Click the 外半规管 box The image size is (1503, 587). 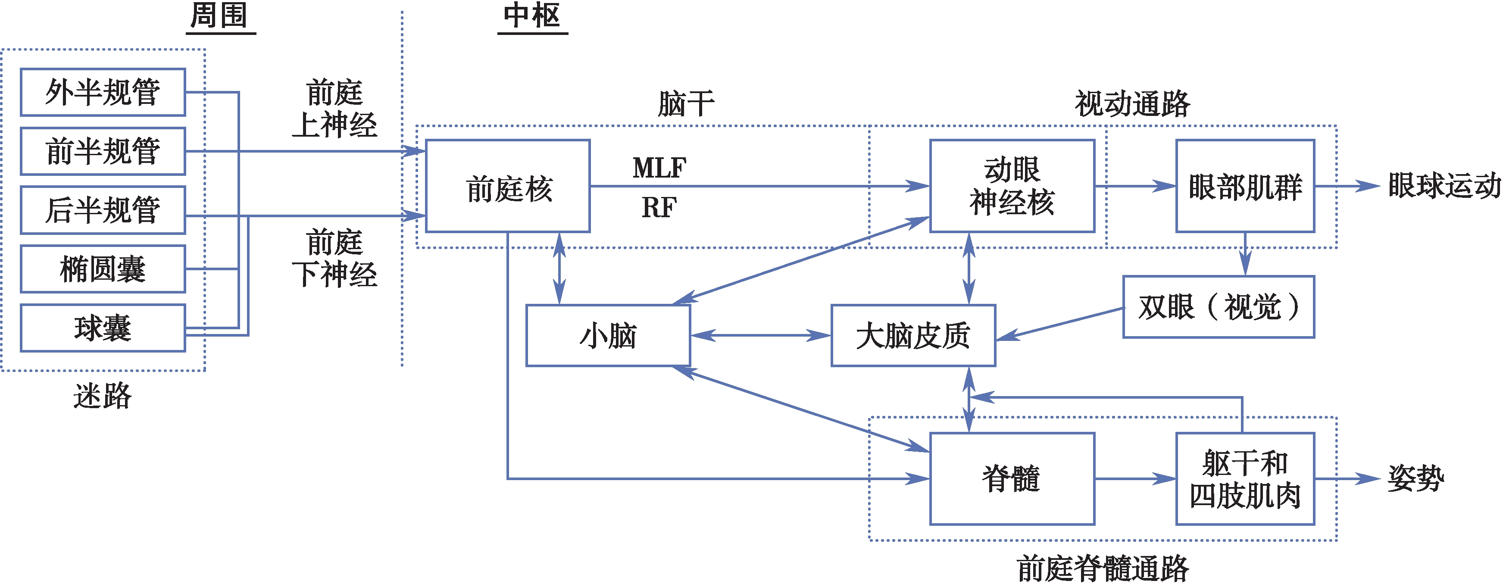(x=103, y=92)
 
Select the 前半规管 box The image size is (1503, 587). (x=103, y=151)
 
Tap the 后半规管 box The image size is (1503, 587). (x=103, y=210)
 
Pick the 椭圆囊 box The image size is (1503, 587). (x=103, y=269)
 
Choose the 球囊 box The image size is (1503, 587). (x=103, y=328)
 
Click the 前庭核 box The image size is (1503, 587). (x=508, y=186)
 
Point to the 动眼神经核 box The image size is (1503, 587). (x=1012, y=186)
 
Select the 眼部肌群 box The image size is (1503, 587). (x=1245, y=186)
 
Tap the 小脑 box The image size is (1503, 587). (x=608, y=335)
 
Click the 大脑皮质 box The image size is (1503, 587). (x=913, y=335)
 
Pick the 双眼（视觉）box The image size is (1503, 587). (x=1219, y=307)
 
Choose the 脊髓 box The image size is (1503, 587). (x=1012, y=478)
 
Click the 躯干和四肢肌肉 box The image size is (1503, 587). (x=1245, y=478)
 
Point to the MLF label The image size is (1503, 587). (x=659, y=168)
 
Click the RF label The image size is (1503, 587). (x=659, y=207)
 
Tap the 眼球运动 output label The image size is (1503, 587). (x=1444, y=186)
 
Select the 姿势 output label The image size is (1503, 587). (x=1416, y=478)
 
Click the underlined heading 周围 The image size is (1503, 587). (x=220, y=16)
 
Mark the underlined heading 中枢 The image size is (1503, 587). (x=532, y=16)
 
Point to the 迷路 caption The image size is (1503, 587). (x=103, y=396)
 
